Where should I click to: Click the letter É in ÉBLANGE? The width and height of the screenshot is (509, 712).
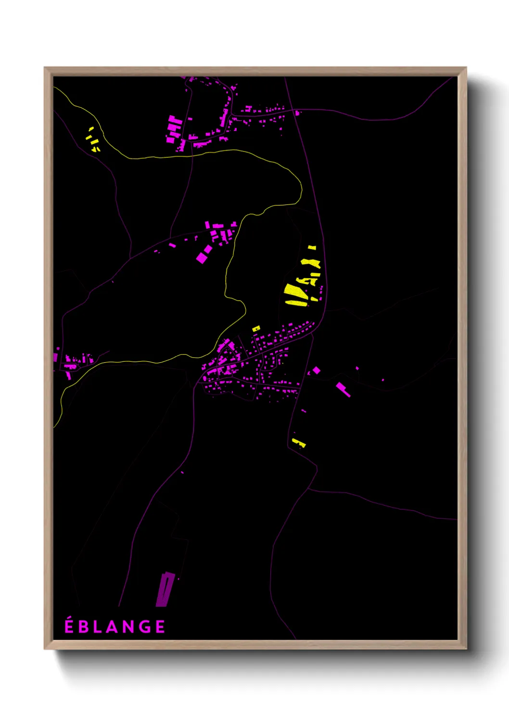(69, 626)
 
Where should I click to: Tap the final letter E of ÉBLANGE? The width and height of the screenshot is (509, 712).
(160, 627)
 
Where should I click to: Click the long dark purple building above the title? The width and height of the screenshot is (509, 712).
(164, 589)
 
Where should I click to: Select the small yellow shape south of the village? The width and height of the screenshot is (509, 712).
(299, 443)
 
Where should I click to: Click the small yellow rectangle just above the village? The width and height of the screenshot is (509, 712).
(256, 329)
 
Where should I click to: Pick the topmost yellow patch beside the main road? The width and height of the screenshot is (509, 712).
(312, 247)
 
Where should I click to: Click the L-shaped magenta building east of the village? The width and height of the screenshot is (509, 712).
(343, 389)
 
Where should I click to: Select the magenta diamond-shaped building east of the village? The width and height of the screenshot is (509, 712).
(317, 370)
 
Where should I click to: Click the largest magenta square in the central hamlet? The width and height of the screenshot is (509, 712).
(202, 257)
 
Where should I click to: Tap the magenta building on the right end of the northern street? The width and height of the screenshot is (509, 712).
(297, 113)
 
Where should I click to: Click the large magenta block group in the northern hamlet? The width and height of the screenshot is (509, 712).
(174, 128)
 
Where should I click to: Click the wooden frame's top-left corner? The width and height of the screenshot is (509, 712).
(45, 68)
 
